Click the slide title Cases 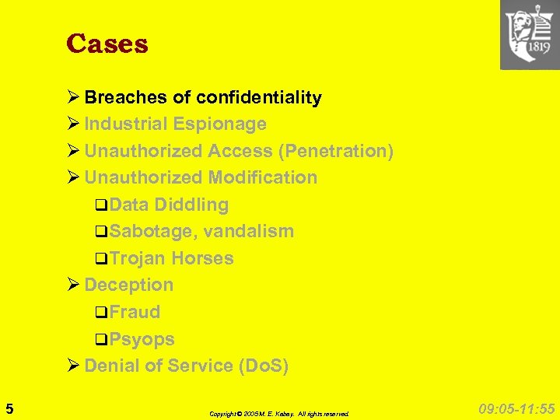[107, 44]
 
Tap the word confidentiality [259, 98]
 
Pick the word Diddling [191, 205]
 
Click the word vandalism [248, 231]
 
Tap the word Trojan [138, 258]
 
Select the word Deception [129, 285]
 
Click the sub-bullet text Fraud [135, 312]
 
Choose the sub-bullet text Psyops [142, 339]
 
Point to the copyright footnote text [279, 414]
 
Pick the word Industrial [127, 124]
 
